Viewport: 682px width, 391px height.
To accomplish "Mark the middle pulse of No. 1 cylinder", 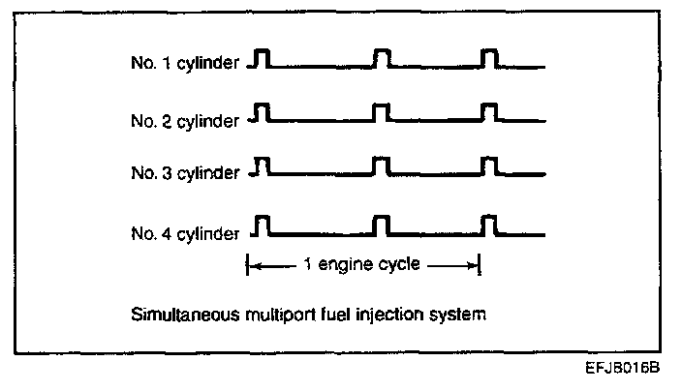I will [382, 59].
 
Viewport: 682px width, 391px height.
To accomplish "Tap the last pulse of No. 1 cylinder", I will [489, 59].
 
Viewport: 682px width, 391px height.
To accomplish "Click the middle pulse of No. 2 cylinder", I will [382, 112].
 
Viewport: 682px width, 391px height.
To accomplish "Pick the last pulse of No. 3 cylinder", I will [489, 165].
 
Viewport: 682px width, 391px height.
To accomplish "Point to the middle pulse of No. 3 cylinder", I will [382, 165].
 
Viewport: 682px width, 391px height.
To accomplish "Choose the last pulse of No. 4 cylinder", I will [489, 226].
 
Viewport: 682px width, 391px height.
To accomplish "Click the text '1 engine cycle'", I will [363, 264].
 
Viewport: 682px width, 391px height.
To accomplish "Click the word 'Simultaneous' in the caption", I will [177, 314].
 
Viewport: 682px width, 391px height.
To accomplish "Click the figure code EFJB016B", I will [626, 370].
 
